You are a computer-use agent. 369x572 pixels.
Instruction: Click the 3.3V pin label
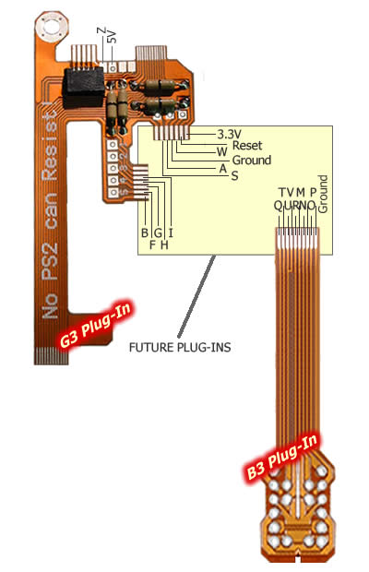(x=229, y=134)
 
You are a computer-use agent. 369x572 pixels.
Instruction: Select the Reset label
(x=247, y=145)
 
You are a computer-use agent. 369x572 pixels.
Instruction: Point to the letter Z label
(x=101, y=30)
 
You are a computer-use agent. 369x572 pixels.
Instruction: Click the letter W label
(x=221, y=151)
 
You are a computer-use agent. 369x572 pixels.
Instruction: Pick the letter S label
(x=234, y=176)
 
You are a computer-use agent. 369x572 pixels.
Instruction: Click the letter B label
(x=145, y=232)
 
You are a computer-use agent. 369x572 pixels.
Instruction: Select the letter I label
(x=171, y=232)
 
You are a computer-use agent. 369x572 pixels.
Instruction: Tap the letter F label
(x=153, y=244)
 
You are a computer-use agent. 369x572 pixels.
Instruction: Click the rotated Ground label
(x=323, y=194)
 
